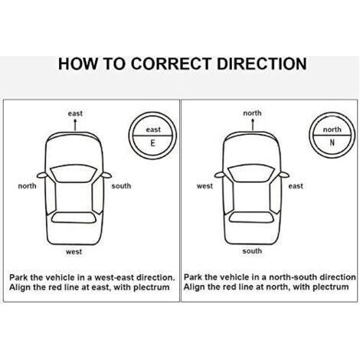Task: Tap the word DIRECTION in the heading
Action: point(262,64)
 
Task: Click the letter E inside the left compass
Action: point(152,143)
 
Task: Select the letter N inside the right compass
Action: point(332,142)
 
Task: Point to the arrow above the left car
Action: point(75,125)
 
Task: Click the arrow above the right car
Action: point(253,124)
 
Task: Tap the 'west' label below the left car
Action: point(74,252)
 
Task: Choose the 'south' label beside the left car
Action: point(121,186)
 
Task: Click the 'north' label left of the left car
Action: point(27,186)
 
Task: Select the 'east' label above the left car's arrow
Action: point(75,113)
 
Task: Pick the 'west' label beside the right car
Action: point(205,186)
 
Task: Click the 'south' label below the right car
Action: point(252,251)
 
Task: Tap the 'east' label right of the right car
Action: point(296,186)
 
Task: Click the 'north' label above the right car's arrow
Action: point(252,113)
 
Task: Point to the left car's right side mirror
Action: point(106,175)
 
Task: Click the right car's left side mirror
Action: point(220,175)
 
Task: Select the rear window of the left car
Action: point(74,218)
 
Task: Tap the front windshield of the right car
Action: point(251,174)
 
